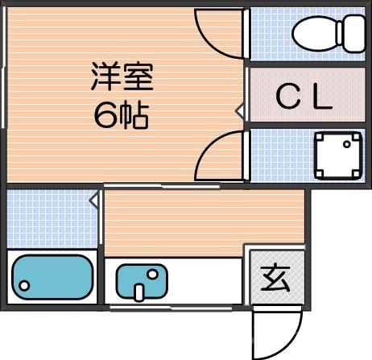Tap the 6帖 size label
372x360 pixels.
tap(121, 118)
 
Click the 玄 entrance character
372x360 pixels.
tap(276, 278)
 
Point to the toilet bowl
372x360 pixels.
tap(314, 34)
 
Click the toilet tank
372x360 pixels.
tap(354, 32)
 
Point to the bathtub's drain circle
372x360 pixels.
tap(25, 286)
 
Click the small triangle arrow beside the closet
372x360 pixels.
tap(239, 110)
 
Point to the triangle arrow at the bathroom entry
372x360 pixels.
tap(94, 198)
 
